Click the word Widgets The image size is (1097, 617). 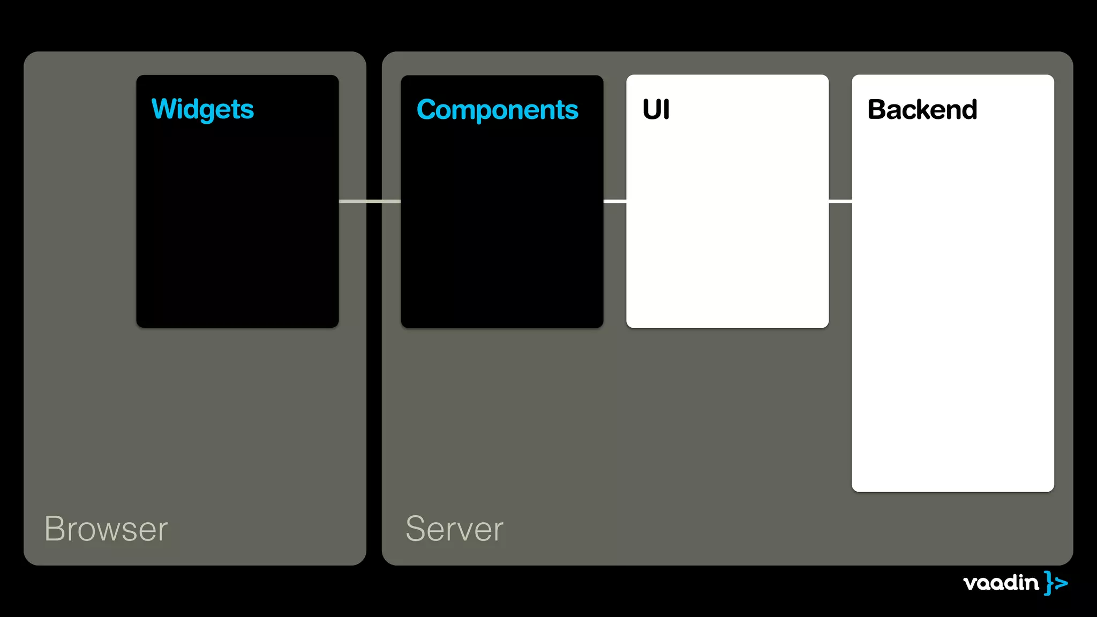[x=202, y=109]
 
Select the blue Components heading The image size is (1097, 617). [x=497, y=110]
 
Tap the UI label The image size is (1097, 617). [x=656, y=109]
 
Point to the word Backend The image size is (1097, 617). [x=922, y=109]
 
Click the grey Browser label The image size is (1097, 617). [x=106, y=529]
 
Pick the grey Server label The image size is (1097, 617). [x=454, y=529]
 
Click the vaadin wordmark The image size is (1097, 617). [x=1001, y=582]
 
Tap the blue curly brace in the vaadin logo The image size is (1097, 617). [x=1048, y=583]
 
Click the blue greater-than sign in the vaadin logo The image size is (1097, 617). [x=1061, y=583]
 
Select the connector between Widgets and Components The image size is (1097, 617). [x=370, y=201]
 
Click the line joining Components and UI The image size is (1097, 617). [x=615, y=201]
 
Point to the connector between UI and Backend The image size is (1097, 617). [x=840, y=201]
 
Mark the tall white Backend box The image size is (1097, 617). [x=952, y=300]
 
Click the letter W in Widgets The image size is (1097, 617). [x=164, y=109]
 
